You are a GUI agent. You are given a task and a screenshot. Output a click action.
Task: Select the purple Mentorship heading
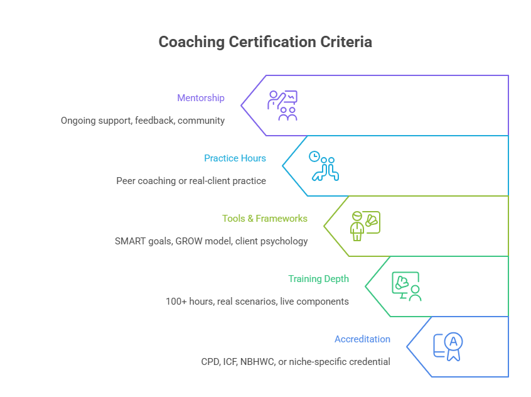[x=201, y=98]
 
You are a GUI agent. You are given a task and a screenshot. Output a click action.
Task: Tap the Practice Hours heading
[x=235, y=158]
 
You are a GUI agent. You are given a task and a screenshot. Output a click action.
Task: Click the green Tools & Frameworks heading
[x=265, y=219]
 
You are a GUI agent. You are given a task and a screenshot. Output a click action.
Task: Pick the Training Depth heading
[x=318, y=279]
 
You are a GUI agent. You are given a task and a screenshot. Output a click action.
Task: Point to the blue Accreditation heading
[x=362, y=339]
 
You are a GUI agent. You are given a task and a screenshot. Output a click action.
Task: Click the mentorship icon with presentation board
[x=282, y=106]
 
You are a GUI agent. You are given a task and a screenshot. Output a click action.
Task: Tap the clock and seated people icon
[x=324, y=166]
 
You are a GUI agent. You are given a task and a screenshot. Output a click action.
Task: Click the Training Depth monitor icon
[x=406, y=286]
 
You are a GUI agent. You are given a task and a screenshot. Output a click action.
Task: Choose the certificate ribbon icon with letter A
[x=448, y=347]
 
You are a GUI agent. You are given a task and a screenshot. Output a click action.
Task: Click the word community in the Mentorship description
[x=201, y=120]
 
